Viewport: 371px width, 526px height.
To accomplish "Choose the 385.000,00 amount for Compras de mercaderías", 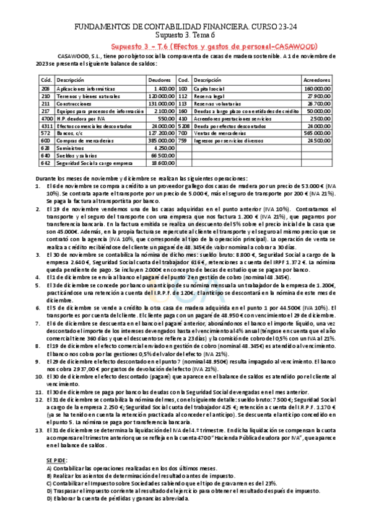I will click(x=162, y=141).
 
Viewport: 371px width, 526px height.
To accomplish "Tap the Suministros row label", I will click(x=69, y=149).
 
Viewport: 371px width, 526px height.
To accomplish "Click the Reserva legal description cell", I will click(x=209, y=97).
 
